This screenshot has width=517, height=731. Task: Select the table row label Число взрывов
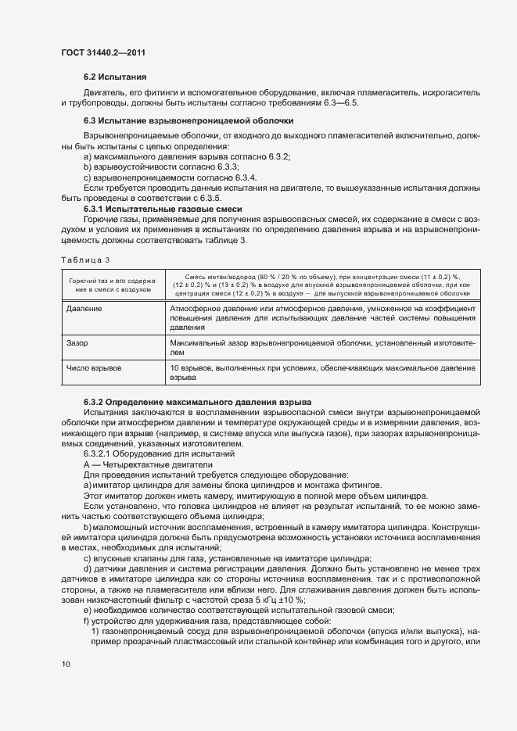(x=93, y=367)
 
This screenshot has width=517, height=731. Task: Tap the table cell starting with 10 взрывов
(x=322, y=371)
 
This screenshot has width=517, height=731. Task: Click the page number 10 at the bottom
(x=66, y=664)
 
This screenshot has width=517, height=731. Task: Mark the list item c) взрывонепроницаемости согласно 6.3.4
(x=171, y=177)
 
